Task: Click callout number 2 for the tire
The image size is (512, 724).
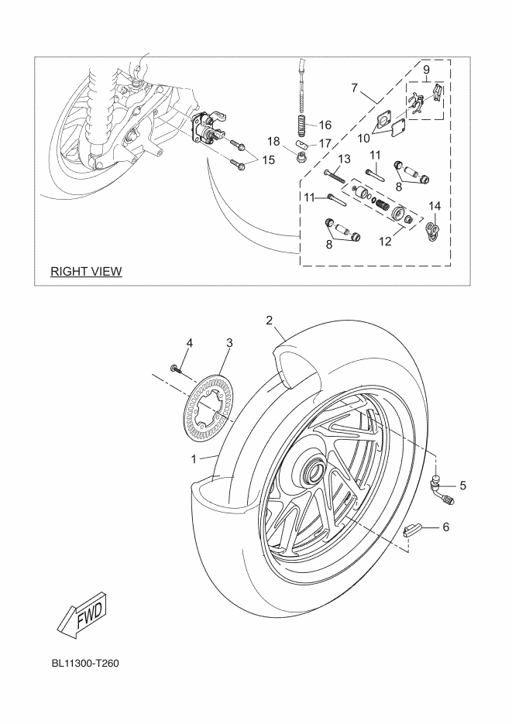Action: click(270, 320)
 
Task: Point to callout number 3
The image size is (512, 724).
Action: click(230, 341)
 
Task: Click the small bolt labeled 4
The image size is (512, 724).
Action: click(176, 371)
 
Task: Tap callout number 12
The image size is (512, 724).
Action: click(385, 242)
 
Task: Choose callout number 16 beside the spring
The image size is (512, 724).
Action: click(325, 124)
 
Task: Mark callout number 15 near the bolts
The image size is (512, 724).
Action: click(268, 160)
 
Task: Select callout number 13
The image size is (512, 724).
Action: click(344, 159)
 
